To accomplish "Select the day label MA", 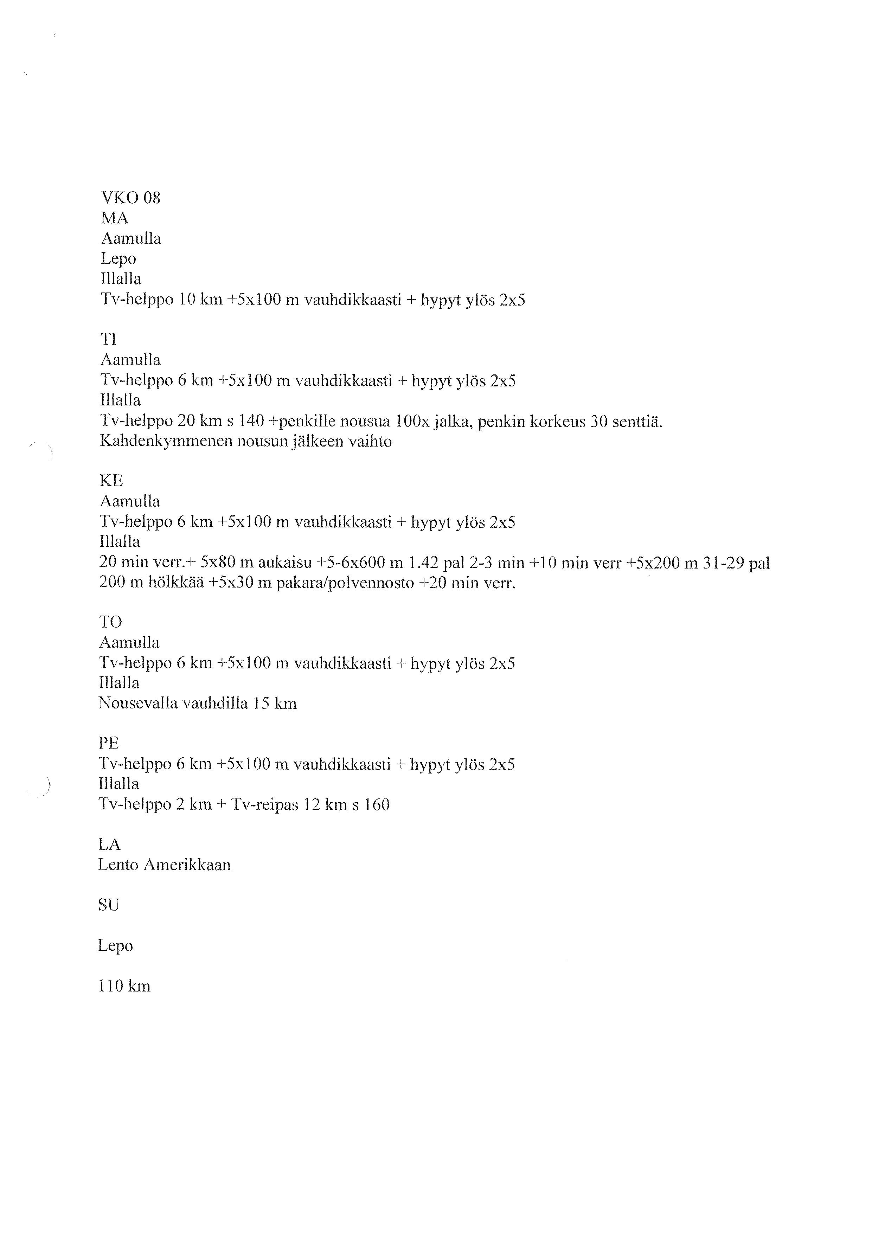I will (x=114, y=218).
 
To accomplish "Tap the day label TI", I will (x=108, y=339).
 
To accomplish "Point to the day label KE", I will (x=111, y=480).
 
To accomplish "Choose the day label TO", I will (x=111, y=622).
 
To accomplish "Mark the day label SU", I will (x=108, y=905).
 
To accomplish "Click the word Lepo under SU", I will (x=115, y=946).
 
